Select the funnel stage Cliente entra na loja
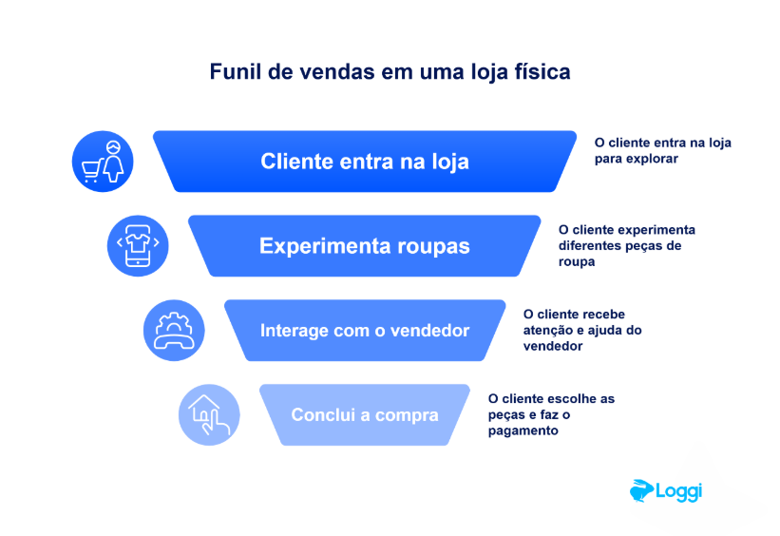click(365, 162)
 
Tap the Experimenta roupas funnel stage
click(365, 246)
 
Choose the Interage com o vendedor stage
click(365, 331)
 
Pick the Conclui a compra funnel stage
click(365, 415)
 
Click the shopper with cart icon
click(103, 162)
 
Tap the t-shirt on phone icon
click(138, 246)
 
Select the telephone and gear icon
click(174, 331)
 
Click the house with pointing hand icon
click(209, 415)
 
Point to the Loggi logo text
click(678, 491)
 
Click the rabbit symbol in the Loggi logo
click(641, 490)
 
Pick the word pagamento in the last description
click(523, 431)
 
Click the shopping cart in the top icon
click(92, 171)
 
